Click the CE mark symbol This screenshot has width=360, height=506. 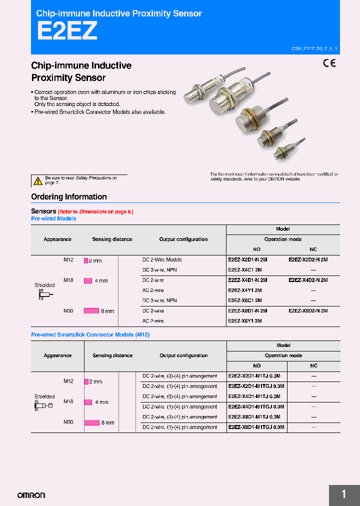click(x=329, y=63)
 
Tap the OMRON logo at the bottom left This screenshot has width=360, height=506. click(x=31, y=495)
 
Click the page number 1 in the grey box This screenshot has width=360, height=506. click(x=343, y=494)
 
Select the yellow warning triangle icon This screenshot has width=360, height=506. click(x=37, y=181)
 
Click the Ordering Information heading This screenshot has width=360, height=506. click(x=69, y=197)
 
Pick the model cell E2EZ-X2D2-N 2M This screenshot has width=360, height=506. click(x=308, y=260)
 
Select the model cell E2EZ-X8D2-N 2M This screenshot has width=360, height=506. click(x=308, y=311)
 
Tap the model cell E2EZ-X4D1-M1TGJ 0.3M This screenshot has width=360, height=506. click(x=256, y=407)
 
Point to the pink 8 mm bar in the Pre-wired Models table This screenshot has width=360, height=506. click(x=91, y=311)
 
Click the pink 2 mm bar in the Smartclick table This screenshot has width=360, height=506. click(x=86, y=381)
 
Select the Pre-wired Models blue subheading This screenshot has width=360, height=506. click(x=53, y=219)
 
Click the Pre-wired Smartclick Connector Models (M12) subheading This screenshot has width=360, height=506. click(x=90, y=335)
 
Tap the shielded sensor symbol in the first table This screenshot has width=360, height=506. click(x=44, y=295)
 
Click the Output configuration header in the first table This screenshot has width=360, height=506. click(x=183, y=239)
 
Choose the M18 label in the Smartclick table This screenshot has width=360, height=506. click(x=68, y=401)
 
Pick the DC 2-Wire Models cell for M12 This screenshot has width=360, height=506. click(x=162, y=260)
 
